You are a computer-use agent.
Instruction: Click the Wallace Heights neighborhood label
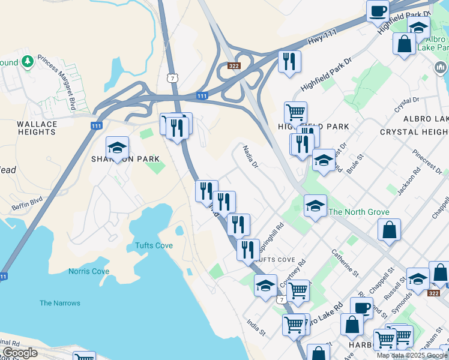(x=37, y=128)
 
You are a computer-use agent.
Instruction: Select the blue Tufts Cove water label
(x=150, y=245)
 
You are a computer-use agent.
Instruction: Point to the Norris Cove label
(x=89, y=271)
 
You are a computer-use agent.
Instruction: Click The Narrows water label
(x=60, y=303)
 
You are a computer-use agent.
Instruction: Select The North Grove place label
(x=359, y=212)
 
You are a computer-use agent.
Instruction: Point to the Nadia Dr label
(x=250, y=155)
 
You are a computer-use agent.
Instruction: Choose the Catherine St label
(x=345, y=263)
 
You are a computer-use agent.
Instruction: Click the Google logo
(x=20, y=353)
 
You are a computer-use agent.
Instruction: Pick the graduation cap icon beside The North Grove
(x=315, y=206)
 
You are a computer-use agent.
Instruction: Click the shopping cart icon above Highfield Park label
(x=295, y=112)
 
